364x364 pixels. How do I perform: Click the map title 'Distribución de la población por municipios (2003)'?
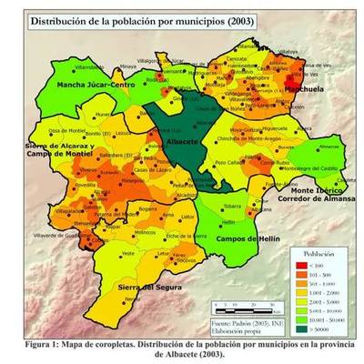[145, 20]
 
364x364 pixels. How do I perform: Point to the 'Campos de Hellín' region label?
[246, 238]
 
